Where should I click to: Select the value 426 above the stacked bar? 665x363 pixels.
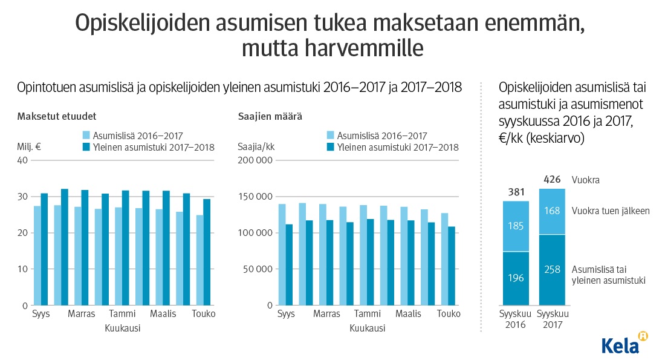pos(552,180)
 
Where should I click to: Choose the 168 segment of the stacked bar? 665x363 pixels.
pos(552,211)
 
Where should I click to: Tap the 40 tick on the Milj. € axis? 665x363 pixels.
pos(23,160)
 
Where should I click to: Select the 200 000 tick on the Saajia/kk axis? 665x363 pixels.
pos(256,160)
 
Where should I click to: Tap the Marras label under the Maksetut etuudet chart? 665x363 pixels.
pos(81,314)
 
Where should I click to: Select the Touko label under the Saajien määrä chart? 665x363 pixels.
pos(449,314)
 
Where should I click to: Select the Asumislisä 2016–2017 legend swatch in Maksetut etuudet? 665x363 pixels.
pos(86,136)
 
